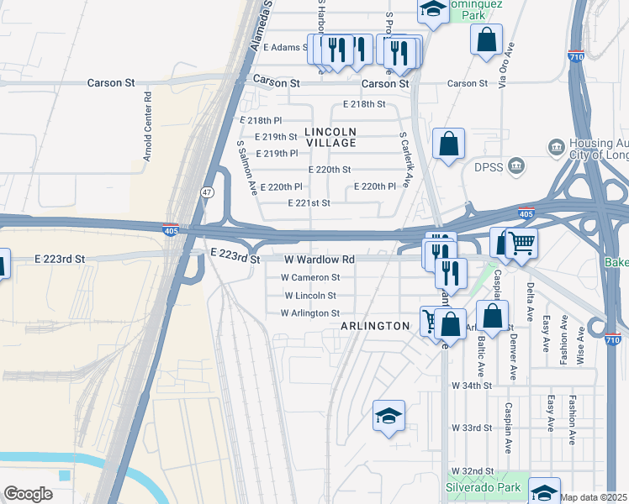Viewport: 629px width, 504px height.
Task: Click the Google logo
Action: [28, 494]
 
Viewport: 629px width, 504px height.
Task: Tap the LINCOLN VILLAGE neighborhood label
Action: [330, 137]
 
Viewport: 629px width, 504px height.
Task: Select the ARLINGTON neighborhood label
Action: [374, 326]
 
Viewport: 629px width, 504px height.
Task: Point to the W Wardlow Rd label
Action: [319, 260]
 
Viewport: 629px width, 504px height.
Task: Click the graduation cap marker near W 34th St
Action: [388, 417]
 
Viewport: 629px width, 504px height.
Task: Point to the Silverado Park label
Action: [484, 488]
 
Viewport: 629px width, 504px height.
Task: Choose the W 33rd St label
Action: [471, 428]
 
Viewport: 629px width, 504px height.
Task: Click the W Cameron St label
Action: [310, 277]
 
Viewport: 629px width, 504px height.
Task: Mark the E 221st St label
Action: [309, 203]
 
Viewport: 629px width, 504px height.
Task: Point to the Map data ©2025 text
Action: [594, 497]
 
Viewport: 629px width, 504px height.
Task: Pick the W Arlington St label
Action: [309, 313]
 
